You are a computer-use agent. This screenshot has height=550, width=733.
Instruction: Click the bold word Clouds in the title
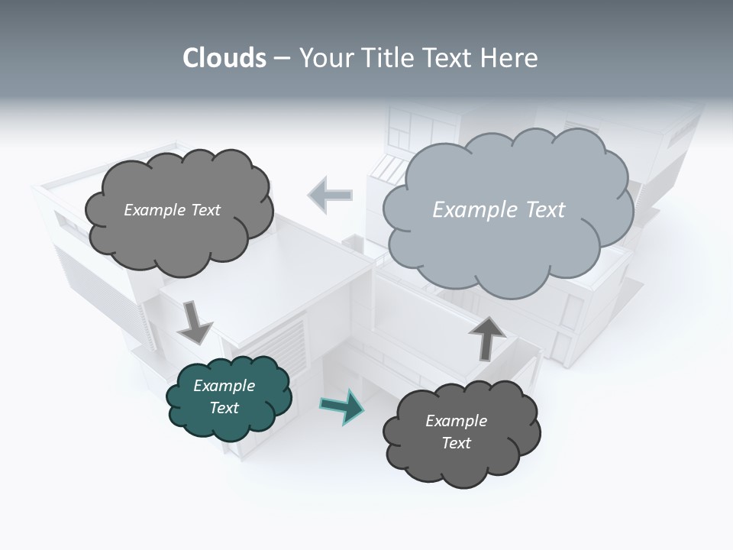pos(224,58)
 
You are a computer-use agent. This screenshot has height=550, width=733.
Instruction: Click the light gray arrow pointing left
pos(330,195)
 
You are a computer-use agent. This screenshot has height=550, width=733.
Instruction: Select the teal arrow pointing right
pos(342,406)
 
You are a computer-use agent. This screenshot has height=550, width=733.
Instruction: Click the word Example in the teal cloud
pos(224,386)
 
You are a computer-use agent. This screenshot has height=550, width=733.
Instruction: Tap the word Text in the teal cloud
pos(224,408)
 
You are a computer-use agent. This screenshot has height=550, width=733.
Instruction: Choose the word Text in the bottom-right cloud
pos(456,443)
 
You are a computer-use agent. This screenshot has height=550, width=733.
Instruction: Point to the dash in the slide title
pos(282,59)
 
